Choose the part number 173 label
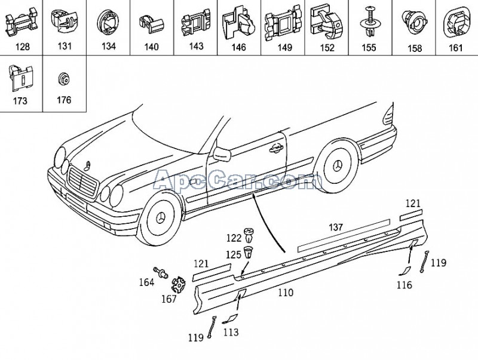20,101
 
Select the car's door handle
277,147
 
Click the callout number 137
337,227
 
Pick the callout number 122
232,237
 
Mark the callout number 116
405,285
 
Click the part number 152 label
327,47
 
